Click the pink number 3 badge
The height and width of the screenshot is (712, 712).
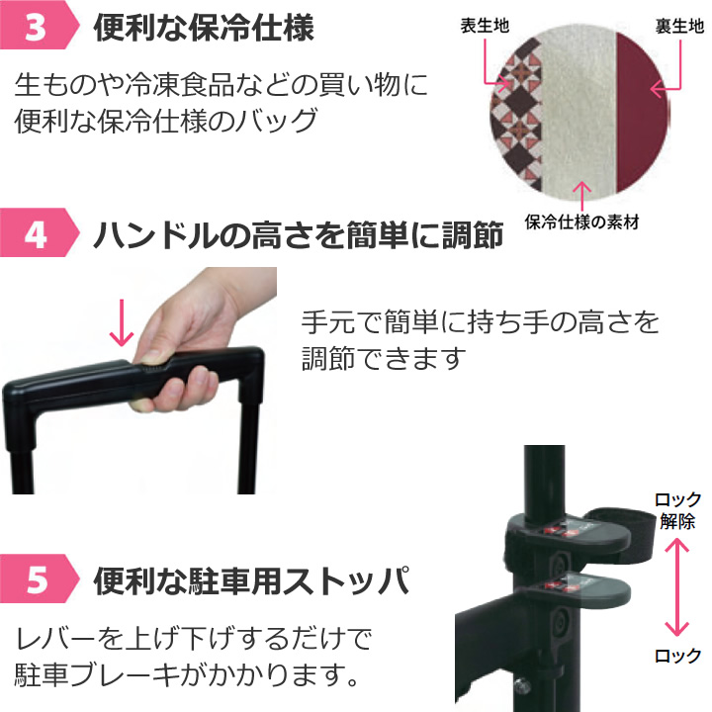pyautogui.click(x=39, y=25)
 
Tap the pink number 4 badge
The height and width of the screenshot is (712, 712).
pyautogui.click(x=39, y=233)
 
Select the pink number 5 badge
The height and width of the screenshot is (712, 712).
pyautogui.click(x=39, y=578)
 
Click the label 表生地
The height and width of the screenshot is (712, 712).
pyautogui.click(x=485, y=26)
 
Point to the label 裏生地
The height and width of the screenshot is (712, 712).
pyautogui.click(x=679, y=26)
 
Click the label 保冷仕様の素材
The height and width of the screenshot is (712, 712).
pyautogui.click(x=581, y=222)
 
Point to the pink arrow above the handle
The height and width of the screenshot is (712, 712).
pyautogui.click(x=122, y=322)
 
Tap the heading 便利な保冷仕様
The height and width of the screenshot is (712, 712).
pyautogui.click(x=204, y=28)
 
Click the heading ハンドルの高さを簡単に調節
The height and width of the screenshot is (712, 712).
pyautogui.click(x=299, y=234)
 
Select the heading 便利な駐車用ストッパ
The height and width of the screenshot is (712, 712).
pyautogui.click(x=252, y=580)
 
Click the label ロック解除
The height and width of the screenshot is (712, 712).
pyautogui.click(x=678, y=510)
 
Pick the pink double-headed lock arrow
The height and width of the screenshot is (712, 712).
pyautogui.click(x=677, y=586)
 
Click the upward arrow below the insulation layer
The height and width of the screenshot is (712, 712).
pyautogui.click(x=582, y=196)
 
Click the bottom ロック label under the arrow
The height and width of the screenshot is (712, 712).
pyautogui.click(x=678, y=656)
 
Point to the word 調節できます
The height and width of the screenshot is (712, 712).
pyautogui.click(x=384, y=358)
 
